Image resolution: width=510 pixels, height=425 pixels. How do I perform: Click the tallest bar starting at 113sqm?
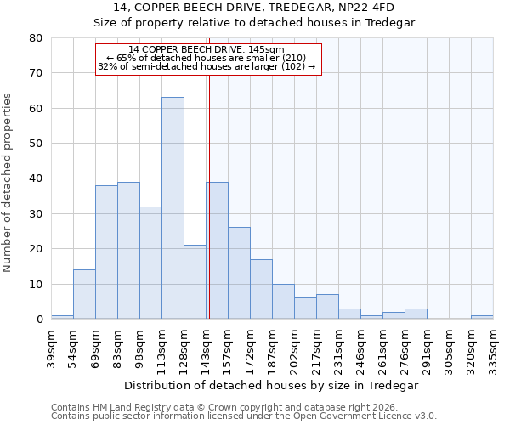173,208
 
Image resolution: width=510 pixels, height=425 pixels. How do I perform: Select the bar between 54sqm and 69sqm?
84,294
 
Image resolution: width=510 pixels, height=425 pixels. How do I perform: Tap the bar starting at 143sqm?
217,251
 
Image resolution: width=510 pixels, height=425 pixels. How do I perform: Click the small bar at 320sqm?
482,317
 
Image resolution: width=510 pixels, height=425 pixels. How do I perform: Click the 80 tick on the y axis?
36,38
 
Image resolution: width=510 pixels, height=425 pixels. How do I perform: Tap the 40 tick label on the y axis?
36,178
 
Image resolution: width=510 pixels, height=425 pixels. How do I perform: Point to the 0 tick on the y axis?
39,320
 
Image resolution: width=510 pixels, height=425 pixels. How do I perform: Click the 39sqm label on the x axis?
52,347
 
